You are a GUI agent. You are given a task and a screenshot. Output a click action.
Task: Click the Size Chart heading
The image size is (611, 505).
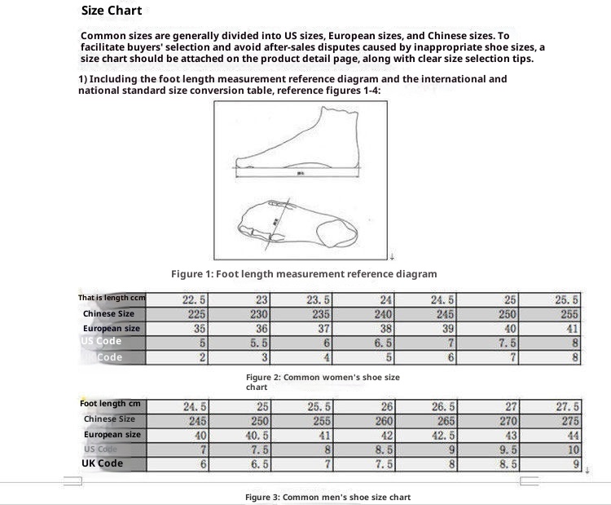point(112,11)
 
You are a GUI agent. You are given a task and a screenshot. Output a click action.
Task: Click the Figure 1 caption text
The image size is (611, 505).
point(304,274)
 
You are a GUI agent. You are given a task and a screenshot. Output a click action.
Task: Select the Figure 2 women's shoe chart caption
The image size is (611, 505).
point(323,382)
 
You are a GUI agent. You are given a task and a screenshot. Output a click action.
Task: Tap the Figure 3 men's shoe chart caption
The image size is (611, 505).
point(327,497)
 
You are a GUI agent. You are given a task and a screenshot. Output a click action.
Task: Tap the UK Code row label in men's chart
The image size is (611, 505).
point(103,463)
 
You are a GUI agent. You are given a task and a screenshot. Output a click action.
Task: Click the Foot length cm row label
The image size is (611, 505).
point(110,404)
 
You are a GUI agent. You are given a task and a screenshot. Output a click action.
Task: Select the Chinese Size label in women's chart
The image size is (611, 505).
point(108,313)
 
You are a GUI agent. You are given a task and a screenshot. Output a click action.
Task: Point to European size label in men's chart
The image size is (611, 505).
point(112,434)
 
